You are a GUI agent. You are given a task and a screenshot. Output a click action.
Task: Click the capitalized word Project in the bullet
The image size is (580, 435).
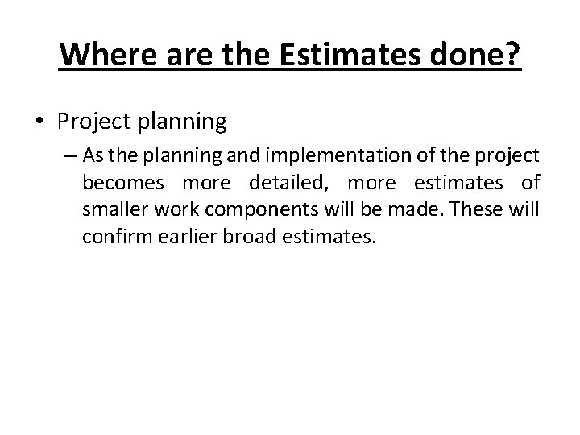89,122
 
